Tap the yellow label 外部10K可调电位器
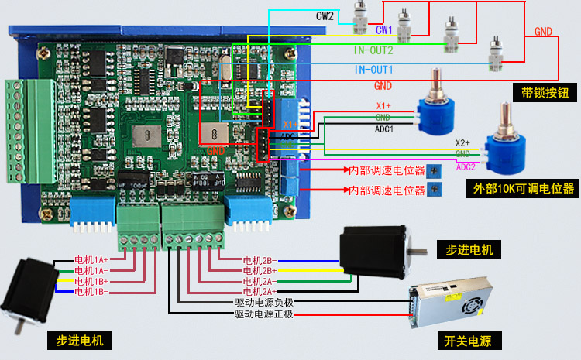(x=524, y=188)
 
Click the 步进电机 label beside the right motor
(x=469, y=249)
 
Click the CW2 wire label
(x=325, y=15)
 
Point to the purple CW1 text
(x=385, y=30)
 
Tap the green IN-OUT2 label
(x=373, y=50)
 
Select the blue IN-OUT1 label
(x=373, y=70)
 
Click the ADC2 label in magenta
(x=466, y=166)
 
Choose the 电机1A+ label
(x=91, y=259)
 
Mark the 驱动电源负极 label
(x=263, y=303)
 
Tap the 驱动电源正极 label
(x=263, y=314)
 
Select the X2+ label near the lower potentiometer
(x=462, y=143)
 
